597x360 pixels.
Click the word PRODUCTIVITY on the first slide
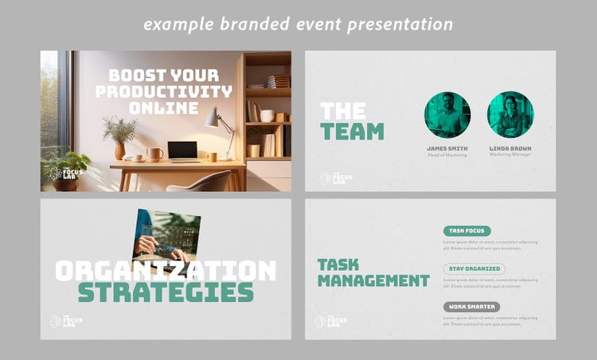pos(164,91)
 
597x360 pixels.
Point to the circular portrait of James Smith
pos(447,115)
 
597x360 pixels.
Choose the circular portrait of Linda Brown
pos(510,115)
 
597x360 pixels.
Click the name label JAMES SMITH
pos(447,148)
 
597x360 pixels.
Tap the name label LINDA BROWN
pos(510,148)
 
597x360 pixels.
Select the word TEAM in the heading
pos(352,131)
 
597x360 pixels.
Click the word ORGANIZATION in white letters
pos(166,270)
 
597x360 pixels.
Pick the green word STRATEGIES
pos(166,292)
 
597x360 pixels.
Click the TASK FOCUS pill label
pos(466,231)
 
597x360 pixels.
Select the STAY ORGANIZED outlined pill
pos(473,268)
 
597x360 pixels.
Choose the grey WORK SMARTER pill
pos(471,307)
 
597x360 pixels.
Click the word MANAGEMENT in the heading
pos(373,280)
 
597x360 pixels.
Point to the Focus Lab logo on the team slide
pos(335,178)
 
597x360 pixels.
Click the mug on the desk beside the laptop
pos(154,154)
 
